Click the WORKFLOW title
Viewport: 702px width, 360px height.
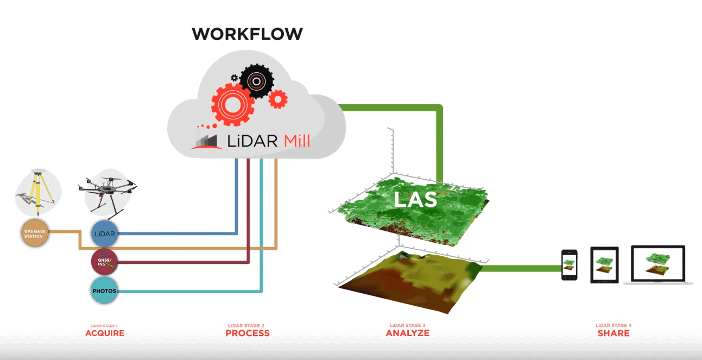tap(247, 34)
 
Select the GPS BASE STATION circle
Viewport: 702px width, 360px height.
tap(35, 234)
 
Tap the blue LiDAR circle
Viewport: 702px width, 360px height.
tap(104, 233)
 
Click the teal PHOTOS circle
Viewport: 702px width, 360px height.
tap(104, 291)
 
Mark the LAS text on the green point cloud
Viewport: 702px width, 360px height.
tap(415, 199)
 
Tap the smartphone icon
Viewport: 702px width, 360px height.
tap(569, 264)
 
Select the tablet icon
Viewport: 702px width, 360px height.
tap(604, 265)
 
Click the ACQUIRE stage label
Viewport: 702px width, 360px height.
tap(105, 333)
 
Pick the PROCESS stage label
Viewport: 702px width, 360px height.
tap(248, 333)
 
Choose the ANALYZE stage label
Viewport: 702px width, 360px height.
tap(407, 333)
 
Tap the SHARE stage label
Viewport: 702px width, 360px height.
tap(614, 333)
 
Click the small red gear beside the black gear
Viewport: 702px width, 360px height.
tap(278, 98)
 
